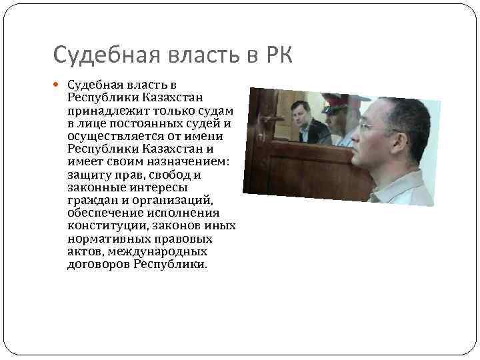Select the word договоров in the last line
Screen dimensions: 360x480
[99, 264]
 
